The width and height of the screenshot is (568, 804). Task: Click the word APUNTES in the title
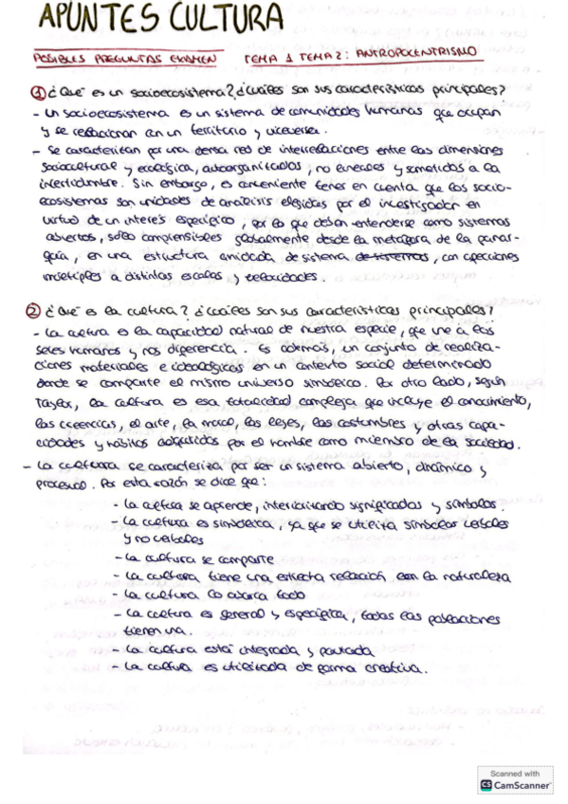85,18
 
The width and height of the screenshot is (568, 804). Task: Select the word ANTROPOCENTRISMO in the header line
422,56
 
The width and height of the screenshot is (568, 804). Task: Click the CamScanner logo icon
487,786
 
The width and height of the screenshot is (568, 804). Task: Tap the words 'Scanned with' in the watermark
515,774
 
